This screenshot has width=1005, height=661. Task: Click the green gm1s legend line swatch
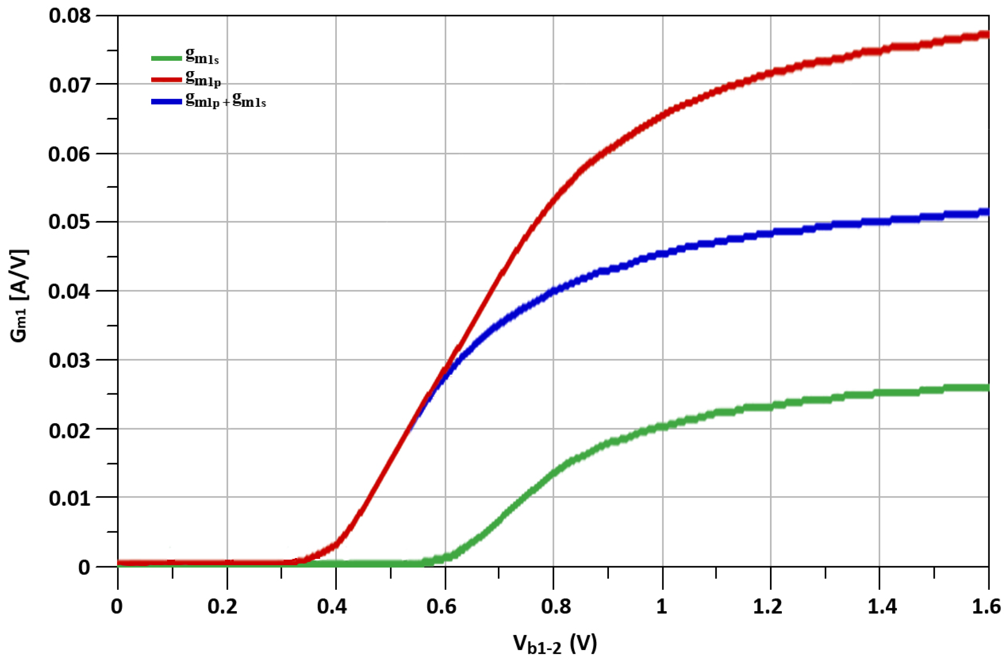pyautogui.click(x=167, y=58)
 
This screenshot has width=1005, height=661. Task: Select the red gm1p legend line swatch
pyautogui.click(x=167, y=80)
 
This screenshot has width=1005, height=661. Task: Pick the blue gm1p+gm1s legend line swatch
pyautogui.click(x=167, y=102)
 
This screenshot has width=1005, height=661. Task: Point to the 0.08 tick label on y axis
pyautogui.click(x=70, y=16)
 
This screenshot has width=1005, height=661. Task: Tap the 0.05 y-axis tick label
pyautogui.click(x=70, y=222)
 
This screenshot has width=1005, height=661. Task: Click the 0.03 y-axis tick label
pyautogui.click(x=70, y=360)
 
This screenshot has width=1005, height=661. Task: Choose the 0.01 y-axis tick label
pyautogui.click(x=70, y=498)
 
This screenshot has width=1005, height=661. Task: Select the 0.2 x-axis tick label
pyautogui.click(x=222, y=606)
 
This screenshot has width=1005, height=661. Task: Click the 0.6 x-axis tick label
pyautogui.click(x=441, y=606)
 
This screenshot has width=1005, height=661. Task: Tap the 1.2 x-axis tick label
pyautogui.click(x=767, y=606)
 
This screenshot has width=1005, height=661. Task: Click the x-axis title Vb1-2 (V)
pyautogui.click(x=555, y=644)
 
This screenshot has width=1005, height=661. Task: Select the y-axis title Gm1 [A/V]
pyautogui.click(x=19, y=295)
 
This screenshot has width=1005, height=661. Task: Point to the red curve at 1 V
pyautogui.click(x=663, y=115)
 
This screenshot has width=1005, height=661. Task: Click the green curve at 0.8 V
pyautogui.click(x=553, y=473)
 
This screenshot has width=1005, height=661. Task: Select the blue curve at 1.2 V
pyautogui.click(x=771, y=233)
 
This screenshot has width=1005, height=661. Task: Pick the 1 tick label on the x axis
pyautogui.click(x=661, y=606)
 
